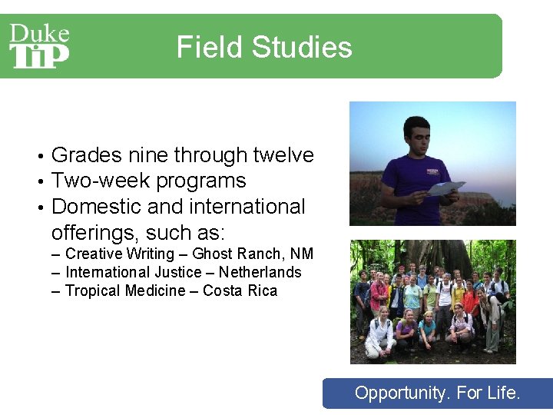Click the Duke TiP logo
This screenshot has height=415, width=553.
point(39,46)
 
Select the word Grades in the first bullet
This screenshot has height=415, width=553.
point(86,156)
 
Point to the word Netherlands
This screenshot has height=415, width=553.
point(260,272)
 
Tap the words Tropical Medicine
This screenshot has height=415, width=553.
point(125,290)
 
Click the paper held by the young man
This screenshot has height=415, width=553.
point(446,188)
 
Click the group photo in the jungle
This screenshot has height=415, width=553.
point(432,301)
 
